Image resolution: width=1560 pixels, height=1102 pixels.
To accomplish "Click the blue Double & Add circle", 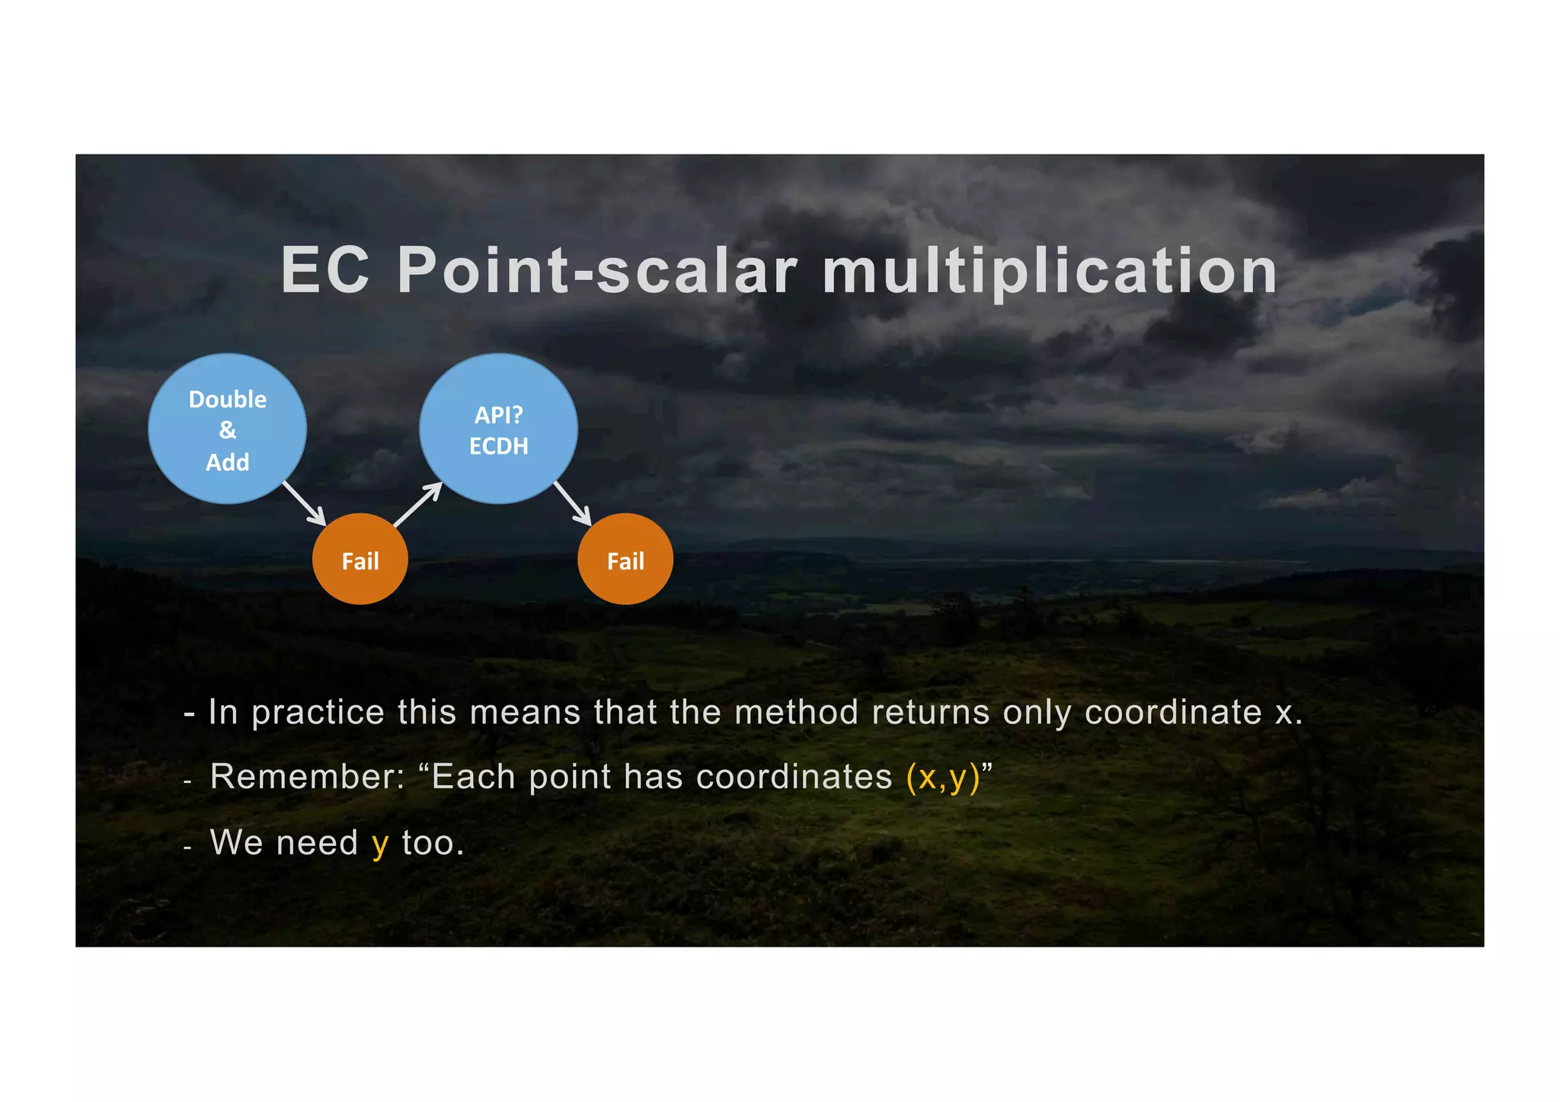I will (227, 429).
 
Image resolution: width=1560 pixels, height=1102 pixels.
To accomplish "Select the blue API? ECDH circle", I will (498, 429).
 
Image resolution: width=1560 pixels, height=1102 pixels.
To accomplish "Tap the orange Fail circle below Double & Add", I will (360, 560).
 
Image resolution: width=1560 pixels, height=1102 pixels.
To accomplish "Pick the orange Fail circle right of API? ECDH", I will (625, 560).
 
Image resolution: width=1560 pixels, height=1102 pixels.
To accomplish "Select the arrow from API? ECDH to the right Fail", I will (573, 503).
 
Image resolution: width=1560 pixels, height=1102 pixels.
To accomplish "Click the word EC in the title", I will (325, 270).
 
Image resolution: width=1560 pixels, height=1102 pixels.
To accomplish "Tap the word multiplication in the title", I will (1050, 272).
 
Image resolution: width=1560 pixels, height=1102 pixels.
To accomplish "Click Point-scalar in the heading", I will (597, 270).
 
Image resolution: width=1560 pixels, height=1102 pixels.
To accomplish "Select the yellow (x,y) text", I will (942, 778).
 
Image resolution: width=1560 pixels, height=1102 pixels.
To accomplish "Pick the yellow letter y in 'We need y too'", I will (379, 845).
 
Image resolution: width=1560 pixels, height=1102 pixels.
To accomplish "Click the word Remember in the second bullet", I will (306, 777).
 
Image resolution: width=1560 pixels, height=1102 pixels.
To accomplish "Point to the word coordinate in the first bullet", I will (1173, 713).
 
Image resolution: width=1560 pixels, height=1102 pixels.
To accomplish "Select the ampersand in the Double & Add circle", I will (227, 430).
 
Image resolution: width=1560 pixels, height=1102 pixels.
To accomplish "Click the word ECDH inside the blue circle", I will (498, 446).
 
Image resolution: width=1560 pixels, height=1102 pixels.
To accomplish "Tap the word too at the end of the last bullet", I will (432, 843).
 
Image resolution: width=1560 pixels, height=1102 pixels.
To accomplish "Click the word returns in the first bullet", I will (930, 712).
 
